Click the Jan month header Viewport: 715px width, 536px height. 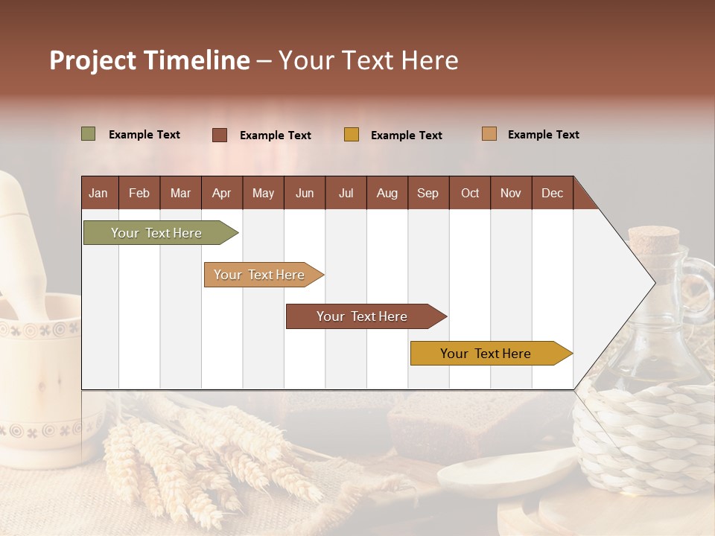[x=98, y=194]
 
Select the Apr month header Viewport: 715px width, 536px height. [x=221, y=194]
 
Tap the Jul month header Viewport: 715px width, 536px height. [x=346, y=194]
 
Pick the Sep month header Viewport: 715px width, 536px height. [x=428, y=194]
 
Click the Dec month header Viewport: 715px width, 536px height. [x=552, y=194]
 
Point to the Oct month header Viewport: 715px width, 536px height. [x=470, y=194]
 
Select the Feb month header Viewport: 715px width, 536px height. [x=139, y=194]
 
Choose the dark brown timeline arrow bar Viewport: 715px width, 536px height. [x=364, y=316]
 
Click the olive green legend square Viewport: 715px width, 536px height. [x=88, y=134]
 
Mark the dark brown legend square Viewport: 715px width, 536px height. [x=220, y=135]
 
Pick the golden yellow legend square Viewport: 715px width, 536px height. [x=352, y=135]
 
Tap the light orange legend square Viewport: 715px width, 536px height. [x=489, y=134]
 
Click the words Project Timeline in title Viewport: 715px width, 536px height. [x=149, y=60]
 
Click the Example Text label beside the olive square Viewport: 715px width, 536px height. [x=144, y=135]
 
